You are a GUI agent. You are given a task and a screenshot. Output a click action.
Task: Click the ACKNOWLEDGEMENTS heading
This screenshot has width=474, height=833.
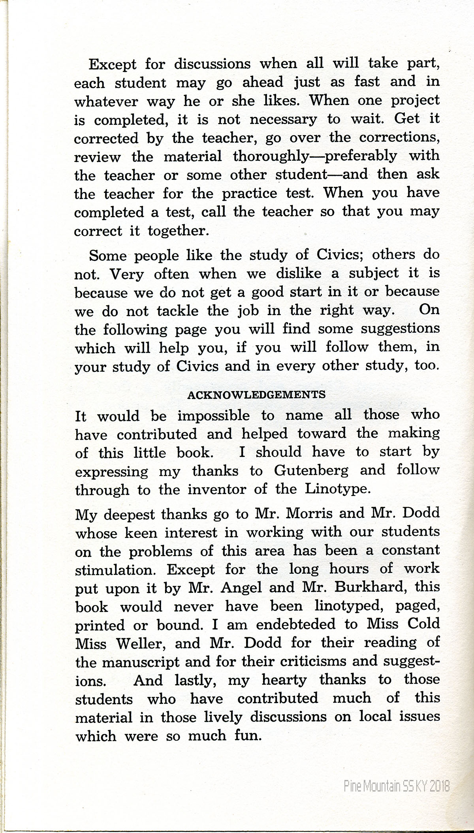256,395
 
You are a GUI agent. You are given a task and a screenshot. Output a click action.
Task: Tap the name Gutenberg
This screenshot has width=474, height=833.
311,470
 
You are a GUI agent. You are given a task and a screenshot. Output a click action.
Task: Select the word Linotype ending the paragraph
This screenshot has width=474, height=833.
338,489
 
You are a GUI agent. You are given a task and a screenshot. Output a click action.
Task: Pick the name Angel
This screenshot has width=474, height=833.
241,588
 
